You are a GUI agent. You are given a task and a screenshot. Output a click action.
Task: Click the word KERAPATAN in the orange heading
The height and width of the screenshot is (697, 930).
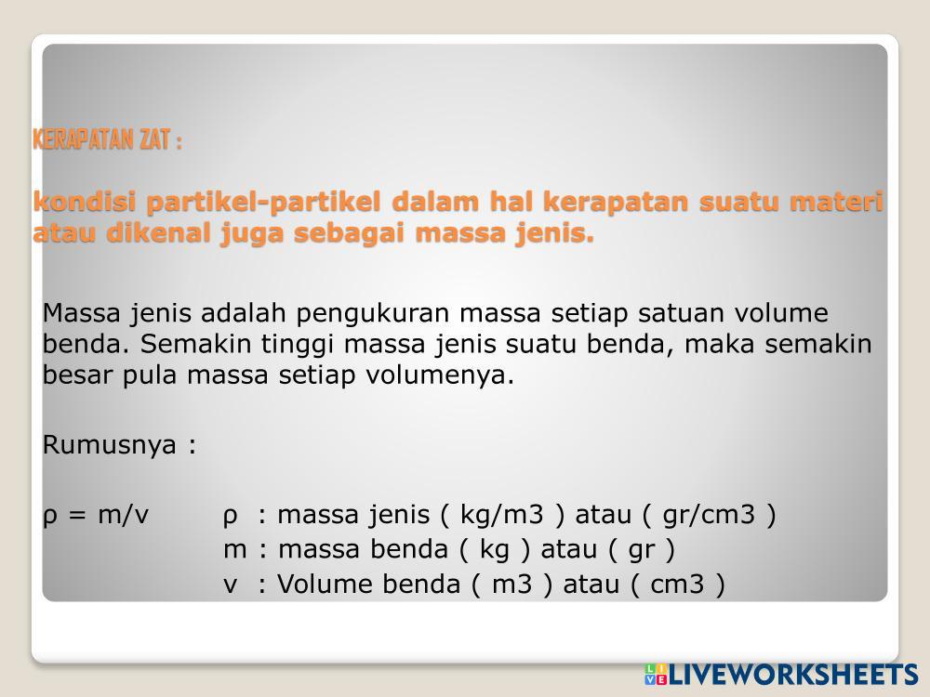[83, 140]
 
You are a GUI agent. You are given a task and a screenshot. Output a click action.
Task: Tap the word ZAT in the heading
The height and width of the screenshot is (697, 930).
[155, 140]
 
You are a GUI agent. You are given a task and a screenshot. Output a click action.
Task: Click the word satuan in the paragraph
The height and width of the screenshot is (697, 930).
[681, 313]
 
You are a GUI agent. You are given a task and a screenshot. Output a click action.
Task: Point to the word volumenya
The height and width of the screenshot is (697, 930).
[440, 375]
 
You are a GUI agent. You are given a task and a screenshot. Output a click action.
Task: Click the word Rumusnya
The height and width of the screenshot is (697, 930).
[110, 445]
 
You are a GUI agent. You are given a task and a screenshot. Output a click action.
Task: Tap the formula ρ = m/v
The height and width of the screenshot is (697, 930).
[96, 515]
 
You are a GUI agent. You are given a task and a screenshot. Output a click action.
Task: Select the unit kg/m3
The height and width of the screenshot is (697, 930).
[501, 515]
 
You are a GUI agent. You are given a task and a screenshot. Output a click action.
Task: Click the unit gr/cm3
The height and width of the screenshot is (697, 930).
[709, 515]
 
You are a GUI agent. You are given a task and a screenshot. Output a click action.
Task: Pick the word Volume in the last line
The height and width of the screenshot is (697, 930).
[325, 585]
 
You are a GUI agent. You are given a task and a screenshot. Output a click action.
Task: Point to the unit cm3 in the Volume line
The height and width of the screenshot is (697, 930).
[677, 585]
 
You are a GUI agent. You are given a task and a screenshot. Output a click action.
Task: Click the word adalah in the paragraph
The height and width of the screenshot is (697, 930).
[244, 313]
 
